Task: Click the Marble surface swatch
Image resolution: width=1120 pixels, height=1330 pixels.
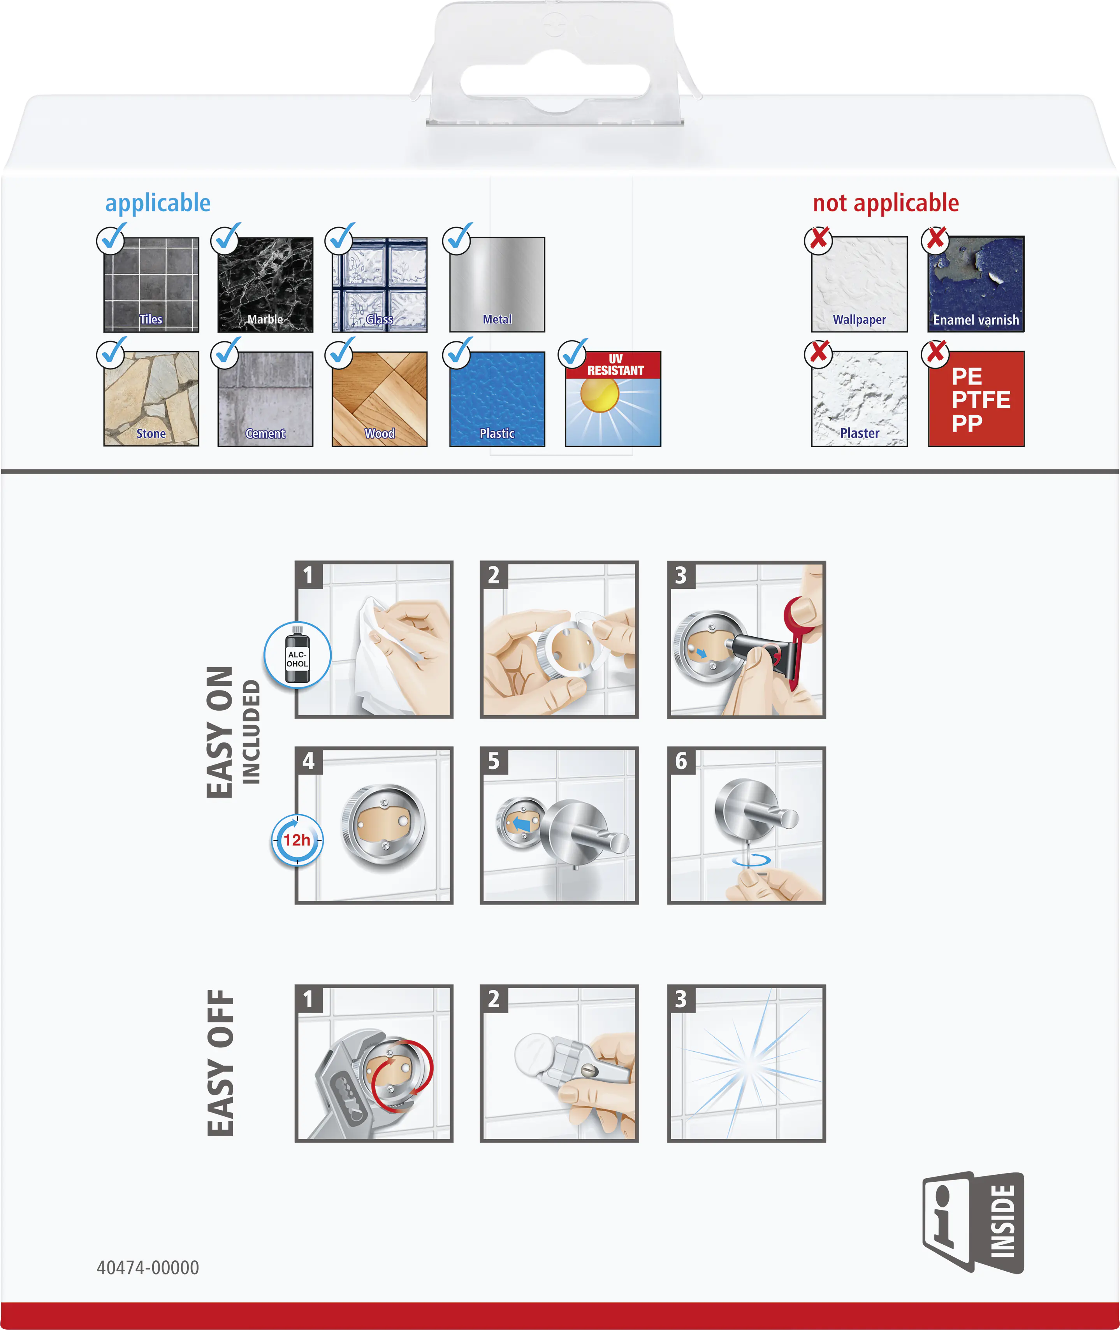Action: coord(265,285)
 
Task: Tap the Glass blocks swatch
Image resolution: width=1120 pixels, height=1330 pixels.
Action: coord(380,285)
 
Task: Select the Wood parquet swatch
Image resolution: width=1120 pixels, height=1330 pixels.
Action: coord(380,399)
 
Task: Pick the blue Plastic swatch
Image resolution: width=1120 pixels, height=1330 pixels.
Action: coord(497,399)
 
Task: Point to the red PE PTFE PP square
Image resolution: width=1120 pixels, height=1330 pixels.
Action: coord(976,399)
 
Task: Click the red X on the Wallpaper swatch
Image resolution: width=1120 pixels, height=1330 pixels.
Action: coord(819,239)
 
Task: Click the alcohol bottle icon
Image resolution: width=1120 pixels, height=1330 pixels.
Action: coord(297,655)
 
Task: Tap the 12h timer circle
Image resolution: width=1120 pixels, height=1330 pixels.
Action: coord(297,840)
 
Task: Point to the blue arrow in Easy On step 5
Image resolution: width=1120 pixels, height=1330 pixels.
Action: coord(521,824)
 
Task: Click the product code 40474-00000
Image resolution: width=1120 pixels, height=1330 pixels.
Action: coord(148,1268)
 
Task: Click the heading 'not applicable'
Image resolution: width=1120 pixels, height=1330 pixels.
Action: coord(886,203)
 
